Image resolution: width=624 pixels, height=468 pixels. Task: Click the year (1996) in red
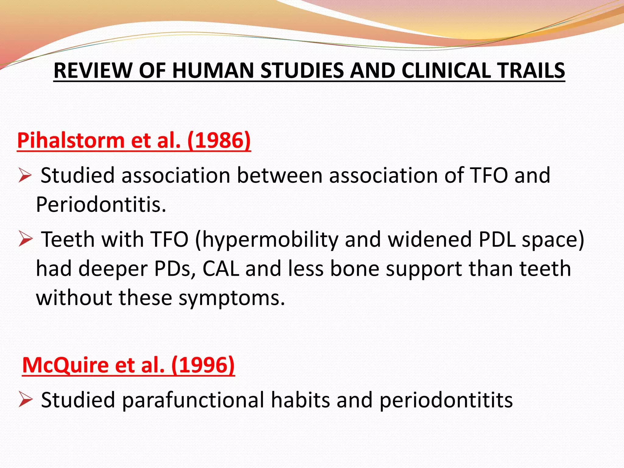[203, 365]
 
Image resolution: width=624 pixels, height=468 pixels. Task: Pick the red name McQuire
[65, 365]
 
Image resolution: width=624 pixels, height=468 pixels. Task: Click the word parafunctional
[193, 400]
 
